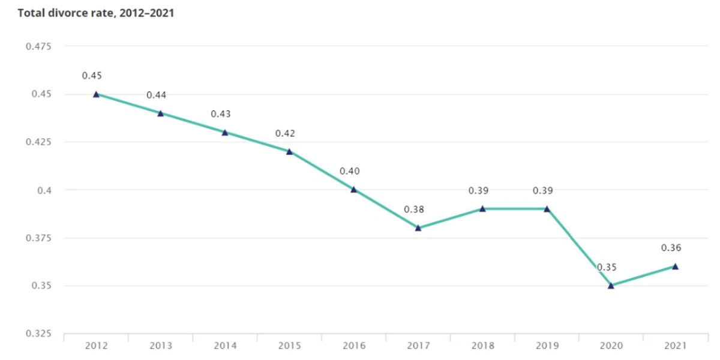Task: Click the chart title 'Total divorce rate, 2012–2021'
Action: (x=96, y=13)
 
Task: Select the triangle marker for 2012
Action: (x=96, y=94)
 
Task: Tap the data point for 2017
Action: (x=418, y=228)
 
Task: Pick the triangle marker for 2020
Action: (x=611, y=286)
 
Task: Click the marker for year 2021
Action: (x=675, y=266)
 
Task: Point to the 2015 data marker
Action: (x=289, y=151)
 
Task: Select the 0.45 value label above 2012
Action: (x=92, y=76)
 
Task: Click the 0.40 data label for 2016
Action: (x=349, y=172)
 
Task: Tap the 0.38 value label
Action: (x=414, y=210)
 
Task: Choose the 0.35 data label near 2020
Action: (x=607, y=267)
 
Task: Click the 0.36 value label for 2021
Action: (x=671, y=248)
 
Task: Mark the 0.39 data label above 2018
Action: (x=478, y=191)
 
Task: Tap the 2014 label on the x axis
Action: (x=225, y=346)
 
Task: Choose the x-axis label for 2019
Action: (x=547, y=346)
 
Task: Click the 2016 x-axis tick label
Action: (x=353, y=346)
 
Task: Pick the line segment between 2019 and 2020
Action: (x=578, y=247)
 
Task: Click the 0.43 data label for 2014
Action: (x=221, y=114)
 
